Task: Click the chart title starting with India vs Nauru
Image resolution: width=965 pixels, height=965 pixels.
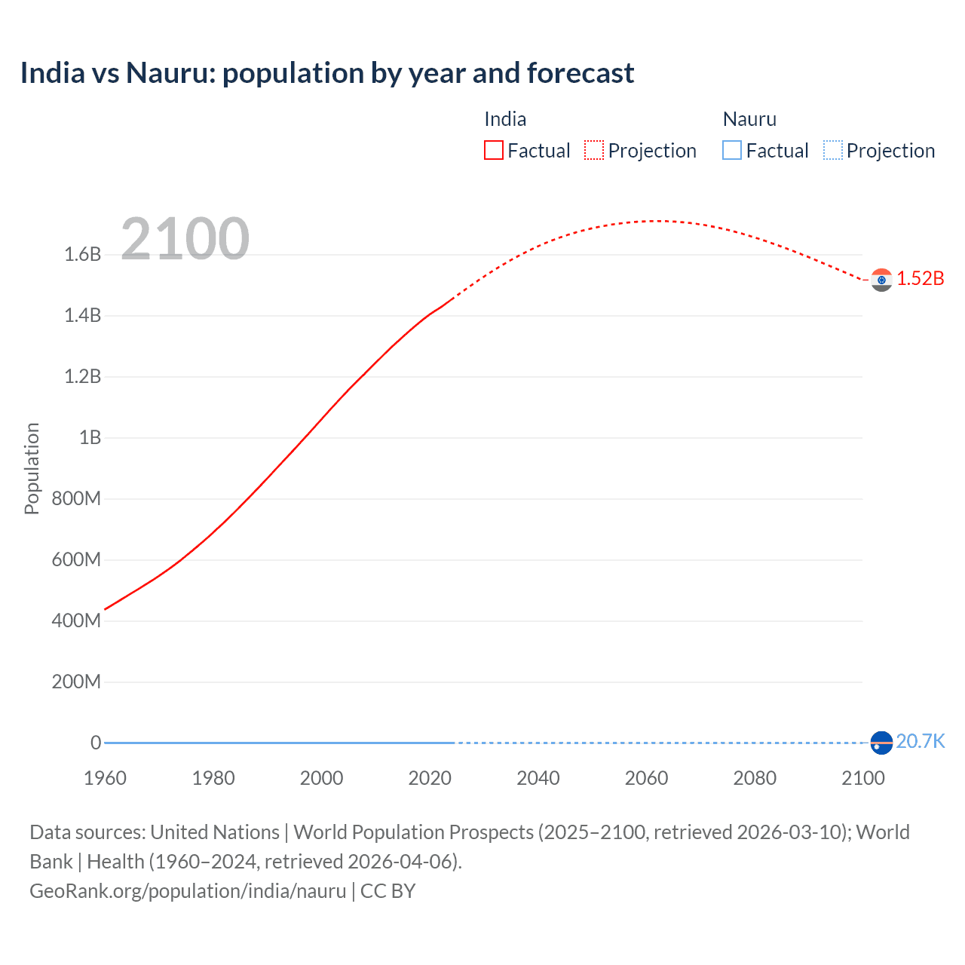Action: coord(326,73)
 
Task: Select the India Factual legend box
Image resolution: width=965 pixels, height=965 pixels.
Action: coord(493,150)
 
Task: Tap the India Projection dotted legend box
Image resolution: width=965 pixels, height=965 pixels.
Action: coord(594,150)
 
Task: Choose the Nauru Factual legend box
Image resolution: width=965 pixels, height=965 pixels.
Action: coord(732,150)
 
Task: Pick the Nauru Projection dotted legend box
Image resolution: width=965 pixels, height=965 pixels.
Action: coord(833,150)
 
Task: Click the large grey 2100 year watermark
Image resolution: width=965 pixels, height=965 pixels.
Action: coord(185,238)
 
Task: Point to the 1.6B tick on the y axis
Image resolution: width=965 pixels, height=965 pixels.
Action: coord(83,254)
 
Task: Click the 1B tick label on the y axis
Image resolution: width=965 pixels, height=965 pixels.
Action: coord(90,437)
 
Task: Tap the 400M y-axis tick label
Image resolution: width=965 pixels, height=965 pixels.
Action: coord(76,620)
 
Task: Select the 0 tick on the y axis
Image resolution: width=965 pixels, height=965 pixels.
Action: coord(96,743)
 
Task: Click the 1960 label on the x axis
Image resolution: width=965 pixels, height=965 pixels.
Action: coord(105,778)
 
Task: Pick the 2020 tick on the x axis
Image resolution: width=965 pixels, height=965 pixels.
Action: coord(430,778)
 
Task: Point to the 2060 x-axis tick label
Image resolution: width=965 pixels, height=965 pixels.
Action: coord(646,778)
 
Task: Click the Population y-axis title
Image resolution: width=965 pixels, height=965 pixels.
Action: coord(32,468)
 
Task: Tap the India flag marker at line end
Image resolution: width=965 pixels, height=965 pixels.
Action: coord(881,280)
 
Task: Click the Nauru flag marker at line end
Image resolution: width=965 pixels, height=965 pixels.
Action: coord(881,743)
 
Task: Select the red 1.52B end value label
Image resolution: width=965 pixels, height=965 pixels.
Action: coord(920,278)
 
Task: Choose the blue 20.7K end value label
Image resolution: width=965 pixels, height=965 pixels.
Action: coord(920,741)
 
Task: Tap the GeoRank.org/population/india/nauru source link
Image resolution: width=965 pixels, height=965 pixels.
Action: coord(188,891)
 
